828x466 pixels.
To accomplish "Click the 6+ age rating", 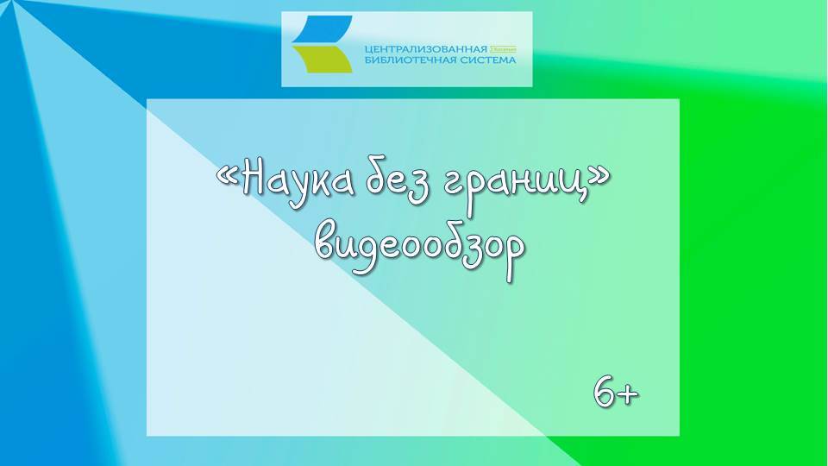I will (x=616, y=393).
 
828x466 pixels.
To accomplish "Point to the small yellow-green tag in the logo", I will (x=502, y=48).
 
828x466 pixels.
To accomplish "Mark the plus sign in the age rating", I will (x=629, y=395).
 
